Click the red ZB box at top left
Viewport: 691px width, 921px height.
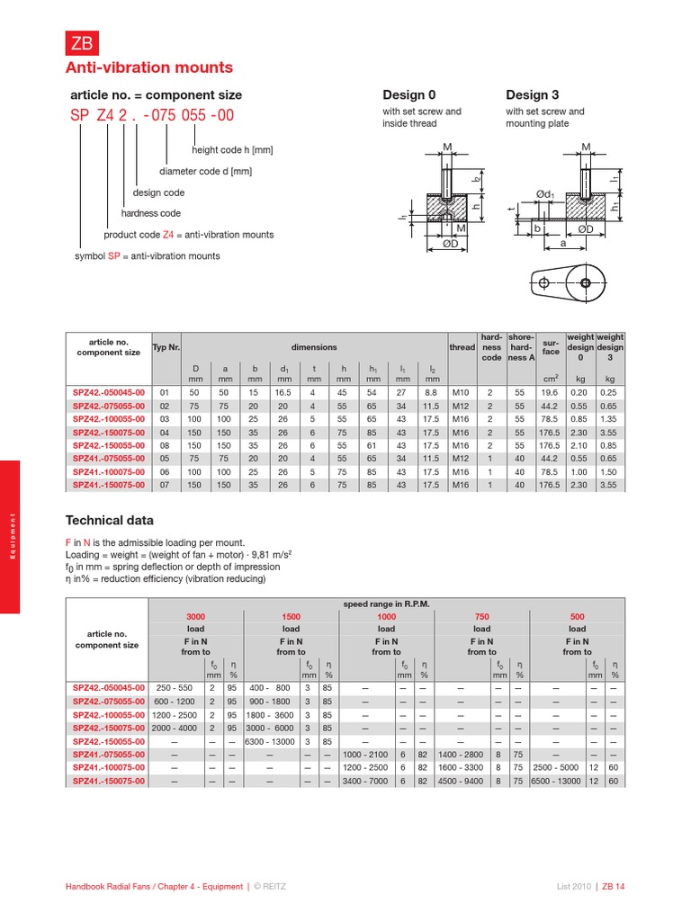click(78, 41)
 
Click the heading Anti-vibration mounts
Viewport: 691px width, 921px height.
click(148, 68)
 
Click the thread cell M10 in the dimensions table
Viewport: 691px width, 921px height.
click(461, 392)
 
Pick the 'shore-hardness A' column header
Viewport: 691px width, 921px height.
click(521, 347)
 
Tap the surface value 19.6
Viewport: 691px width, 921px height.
click(550, 392)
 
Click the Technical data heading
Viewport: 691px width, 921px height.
click(110, 521)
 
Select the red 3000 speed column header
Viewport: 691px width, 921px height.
click(195, 616)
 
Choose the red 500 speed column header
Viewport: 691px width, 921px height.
click(577, 616)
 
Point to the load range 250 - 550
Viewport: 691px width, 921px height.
click(175, 687)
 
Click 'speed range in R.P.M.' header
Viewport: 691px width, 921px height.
click(386, 604)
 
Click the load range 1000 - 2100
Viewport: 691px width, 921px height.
click(365, 755)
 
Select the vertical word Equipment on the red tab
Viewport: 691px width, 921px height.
click(11, 537)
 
